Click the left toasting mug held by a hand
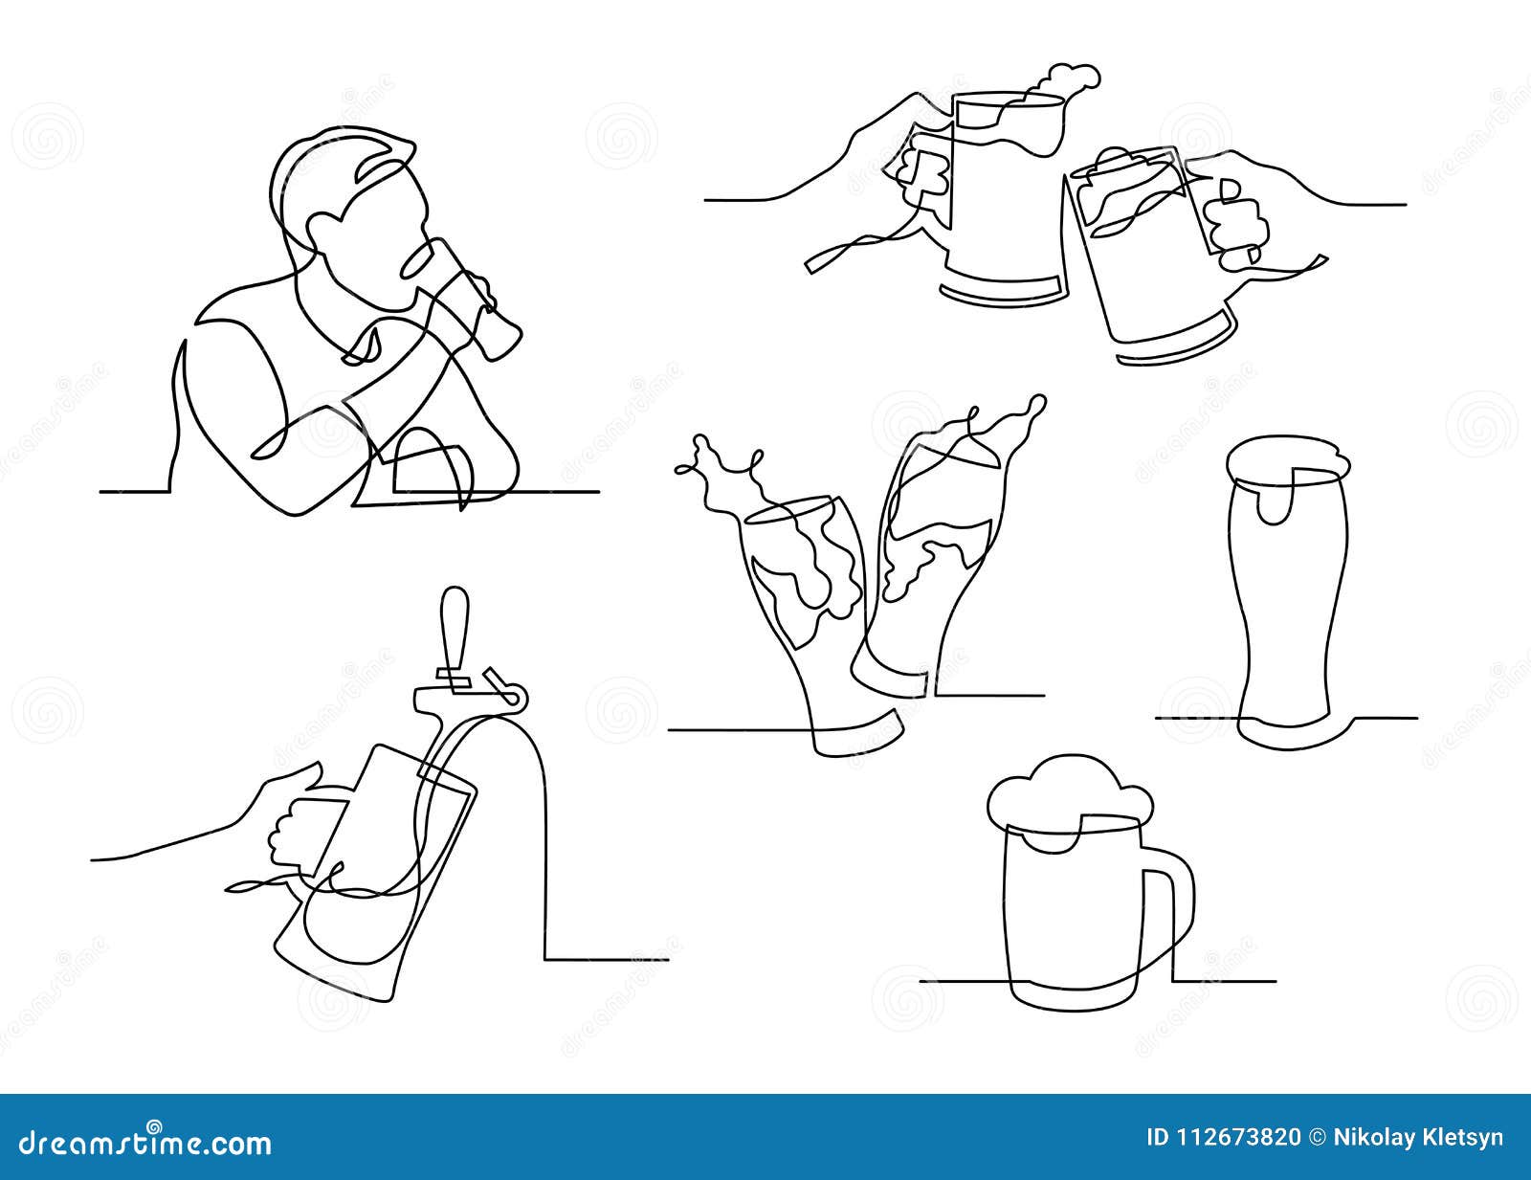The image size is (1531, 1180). (x=995, y=201)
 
